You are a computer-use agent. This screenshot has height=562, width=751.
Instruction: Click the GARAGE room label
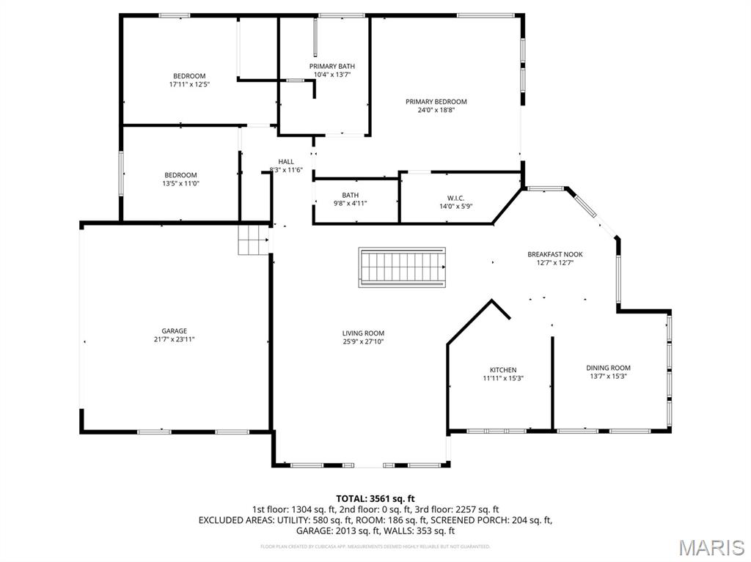(174, 331)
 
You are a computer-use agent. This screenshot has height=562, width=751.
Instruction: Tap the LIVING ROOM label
(363, 333)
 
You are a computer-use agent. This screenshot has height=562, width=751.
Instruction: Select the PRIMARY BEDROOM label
(436, 102)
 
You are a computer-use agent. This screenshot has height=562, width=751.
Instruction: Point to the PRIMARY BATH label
(331, 67)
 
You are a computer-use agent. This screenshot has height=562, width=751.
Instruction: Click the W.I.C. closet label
(455, 198)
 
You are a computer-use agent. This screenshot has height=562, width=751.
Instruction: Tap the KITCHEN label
(503, 370)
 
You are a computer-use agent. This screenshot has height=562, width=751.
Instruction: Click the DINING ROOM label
(608, 368)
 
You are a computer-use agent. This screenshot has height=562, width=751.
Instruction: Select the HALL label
(285, 162)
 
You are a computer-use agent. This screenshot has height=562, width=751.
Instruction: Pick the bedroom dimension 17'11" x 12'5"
(189, 84)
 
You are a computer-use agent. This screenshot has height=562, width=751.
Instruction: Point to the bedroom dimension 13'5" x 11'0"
(180, 183)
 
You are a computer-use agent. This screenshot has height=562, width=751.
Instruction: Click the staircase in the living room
(402, 267)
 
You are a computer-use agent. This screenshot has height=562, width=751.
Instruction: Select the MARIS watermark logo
(711, 546)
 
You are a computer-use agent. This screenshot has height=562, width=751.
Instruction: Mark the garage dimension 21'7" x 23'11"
(174, 339)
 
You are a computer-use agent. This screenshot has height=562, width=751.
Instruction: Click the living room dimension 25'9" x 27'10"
(363, 341)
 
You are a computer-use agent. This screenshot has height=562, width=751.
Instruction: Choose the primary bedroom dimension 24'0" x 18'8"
(436, 110)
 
